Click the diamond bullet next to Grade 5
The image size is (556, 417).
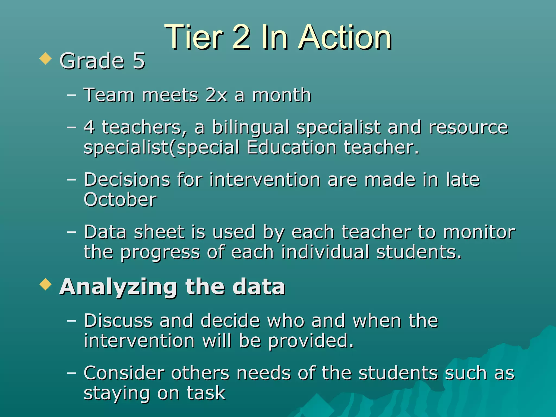(x=45, y=59)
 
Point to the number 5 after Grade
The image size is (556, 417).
(x=139, y=61)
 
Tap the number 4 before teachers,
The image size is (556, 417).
(x=89, y=127)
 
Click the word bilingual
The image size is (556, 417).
(x=250, y=128)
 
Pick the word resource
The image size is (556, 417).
(x=468, y=128)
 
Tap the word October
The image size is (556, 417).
(x=120, y=200)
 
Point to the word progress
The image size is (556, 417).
(x=160, y=252)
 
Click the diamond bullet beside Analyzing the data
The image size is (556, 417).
(x=45, y=285)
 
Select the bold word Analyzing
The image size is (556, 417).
(x=118, y=287)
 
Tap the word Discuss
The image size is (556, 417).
(x=118, y=321)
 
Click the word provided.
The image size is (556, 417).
(x=311, y=341)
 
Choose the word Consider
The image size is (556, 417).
(x=124, y=373)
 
